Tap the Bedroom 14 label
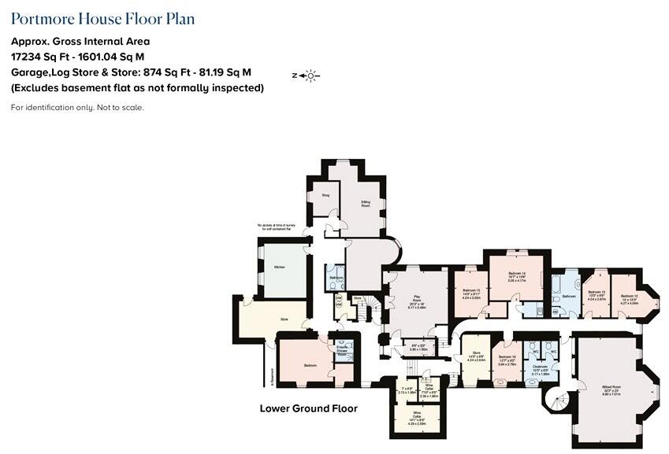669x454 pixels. pyautogui.click(x=516, y=273)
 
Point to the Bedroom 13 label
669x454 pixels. pyautogui.click(x=597, y=292)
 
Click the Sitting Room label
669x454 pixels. pyautogui.click(x=366, y=202)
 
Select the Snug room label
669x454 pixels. pyautogui.click(x=325, y=194)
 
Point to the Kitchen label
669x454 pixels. pyautogui.click(x=279, y=268)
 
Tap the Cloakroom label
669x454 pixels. pyautogui.click(x=540, y=367)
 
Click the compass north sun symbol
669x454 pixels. pyautogui.click(x=310, y=76)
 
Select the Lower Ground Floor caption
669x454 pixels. pyautogui.click(x=308, y=408)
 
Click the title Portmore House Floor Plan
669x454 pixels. pyautogui.click(x=102, y=19)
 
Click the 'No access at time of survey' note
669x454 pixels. pyautogui.click(x=279, y=228)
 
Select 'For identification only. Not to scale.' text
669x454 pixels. pyautogui.click(x=77, y=107)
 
